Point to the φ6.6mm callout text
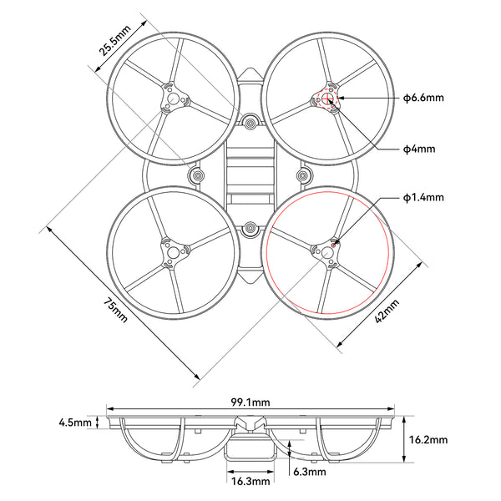(x=423, y=99)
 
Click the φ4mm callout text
(x=417, y=149)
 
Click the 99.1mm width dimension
(x=250, y=402)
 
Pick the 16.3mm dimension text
(x=250, y=481)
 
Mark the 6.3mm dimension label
(x=311, y=472)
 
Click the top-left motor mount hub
(x=173, y=99)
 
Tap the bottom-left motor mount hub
(x=173, y=250)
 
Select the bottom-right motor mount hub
(x=326, y=250)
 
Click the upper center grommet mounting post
(x=250, y=124)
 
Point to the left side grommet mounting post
(x=199, y=176)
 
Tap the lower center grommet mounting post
(x=250, y=228)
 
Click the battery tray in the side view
(x=250, y=451)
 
